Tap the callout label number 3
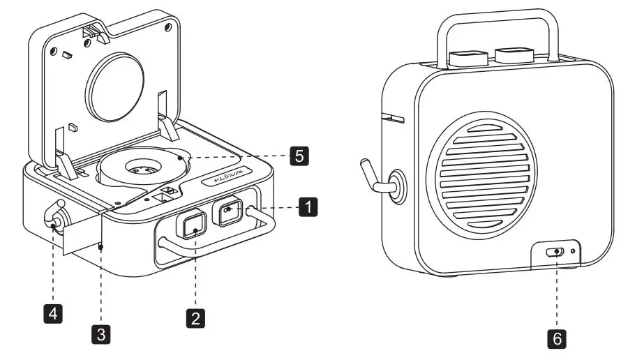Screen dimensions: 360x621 (102, 333)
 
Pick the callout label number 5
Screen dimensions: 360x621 (298, 156)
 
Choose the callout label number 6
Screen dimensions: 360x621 (556, 339)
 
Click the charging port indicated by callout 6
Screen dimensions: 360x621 (555, 253)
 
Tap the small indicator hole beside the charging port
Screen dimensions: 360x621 (574, 251)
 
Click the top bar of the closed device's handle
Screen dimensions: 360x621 (497, 15)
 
